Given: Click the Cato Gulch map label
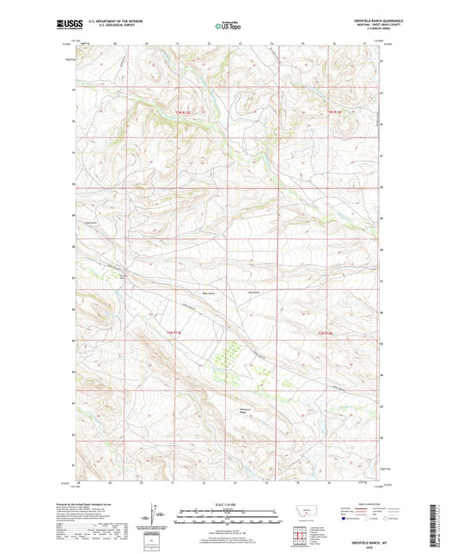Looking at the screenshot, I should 253,294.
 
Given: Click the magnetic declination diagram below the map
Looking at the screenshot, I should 153,520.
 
